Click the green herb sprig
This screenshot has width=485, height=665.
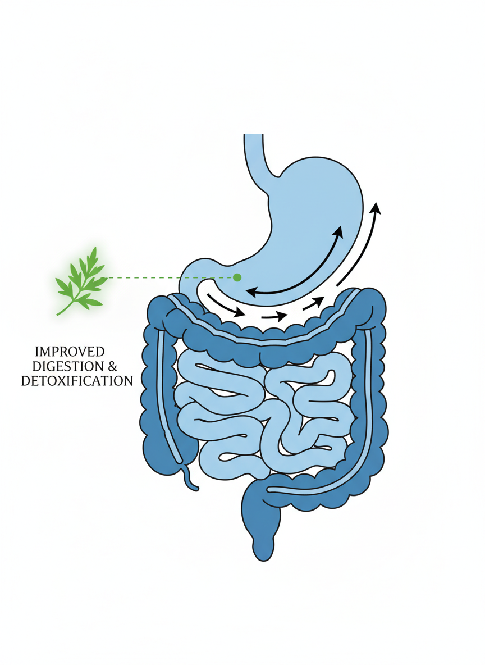[81, 281]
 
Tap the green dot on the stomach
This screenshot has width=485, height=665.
[237, 277]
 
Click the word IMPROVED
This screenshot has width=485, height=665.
[70, 352]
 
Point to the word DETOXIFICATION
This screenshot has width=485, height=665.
[77, 381]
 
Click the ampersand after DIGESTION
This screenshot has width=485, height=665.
[112, 366]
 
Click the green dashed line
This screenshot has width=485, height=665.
[168, 277]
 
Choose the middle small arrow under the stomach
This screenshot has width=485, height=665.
[273, 316]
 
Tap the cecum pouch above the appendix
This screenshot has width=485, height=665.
[163, 444]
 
